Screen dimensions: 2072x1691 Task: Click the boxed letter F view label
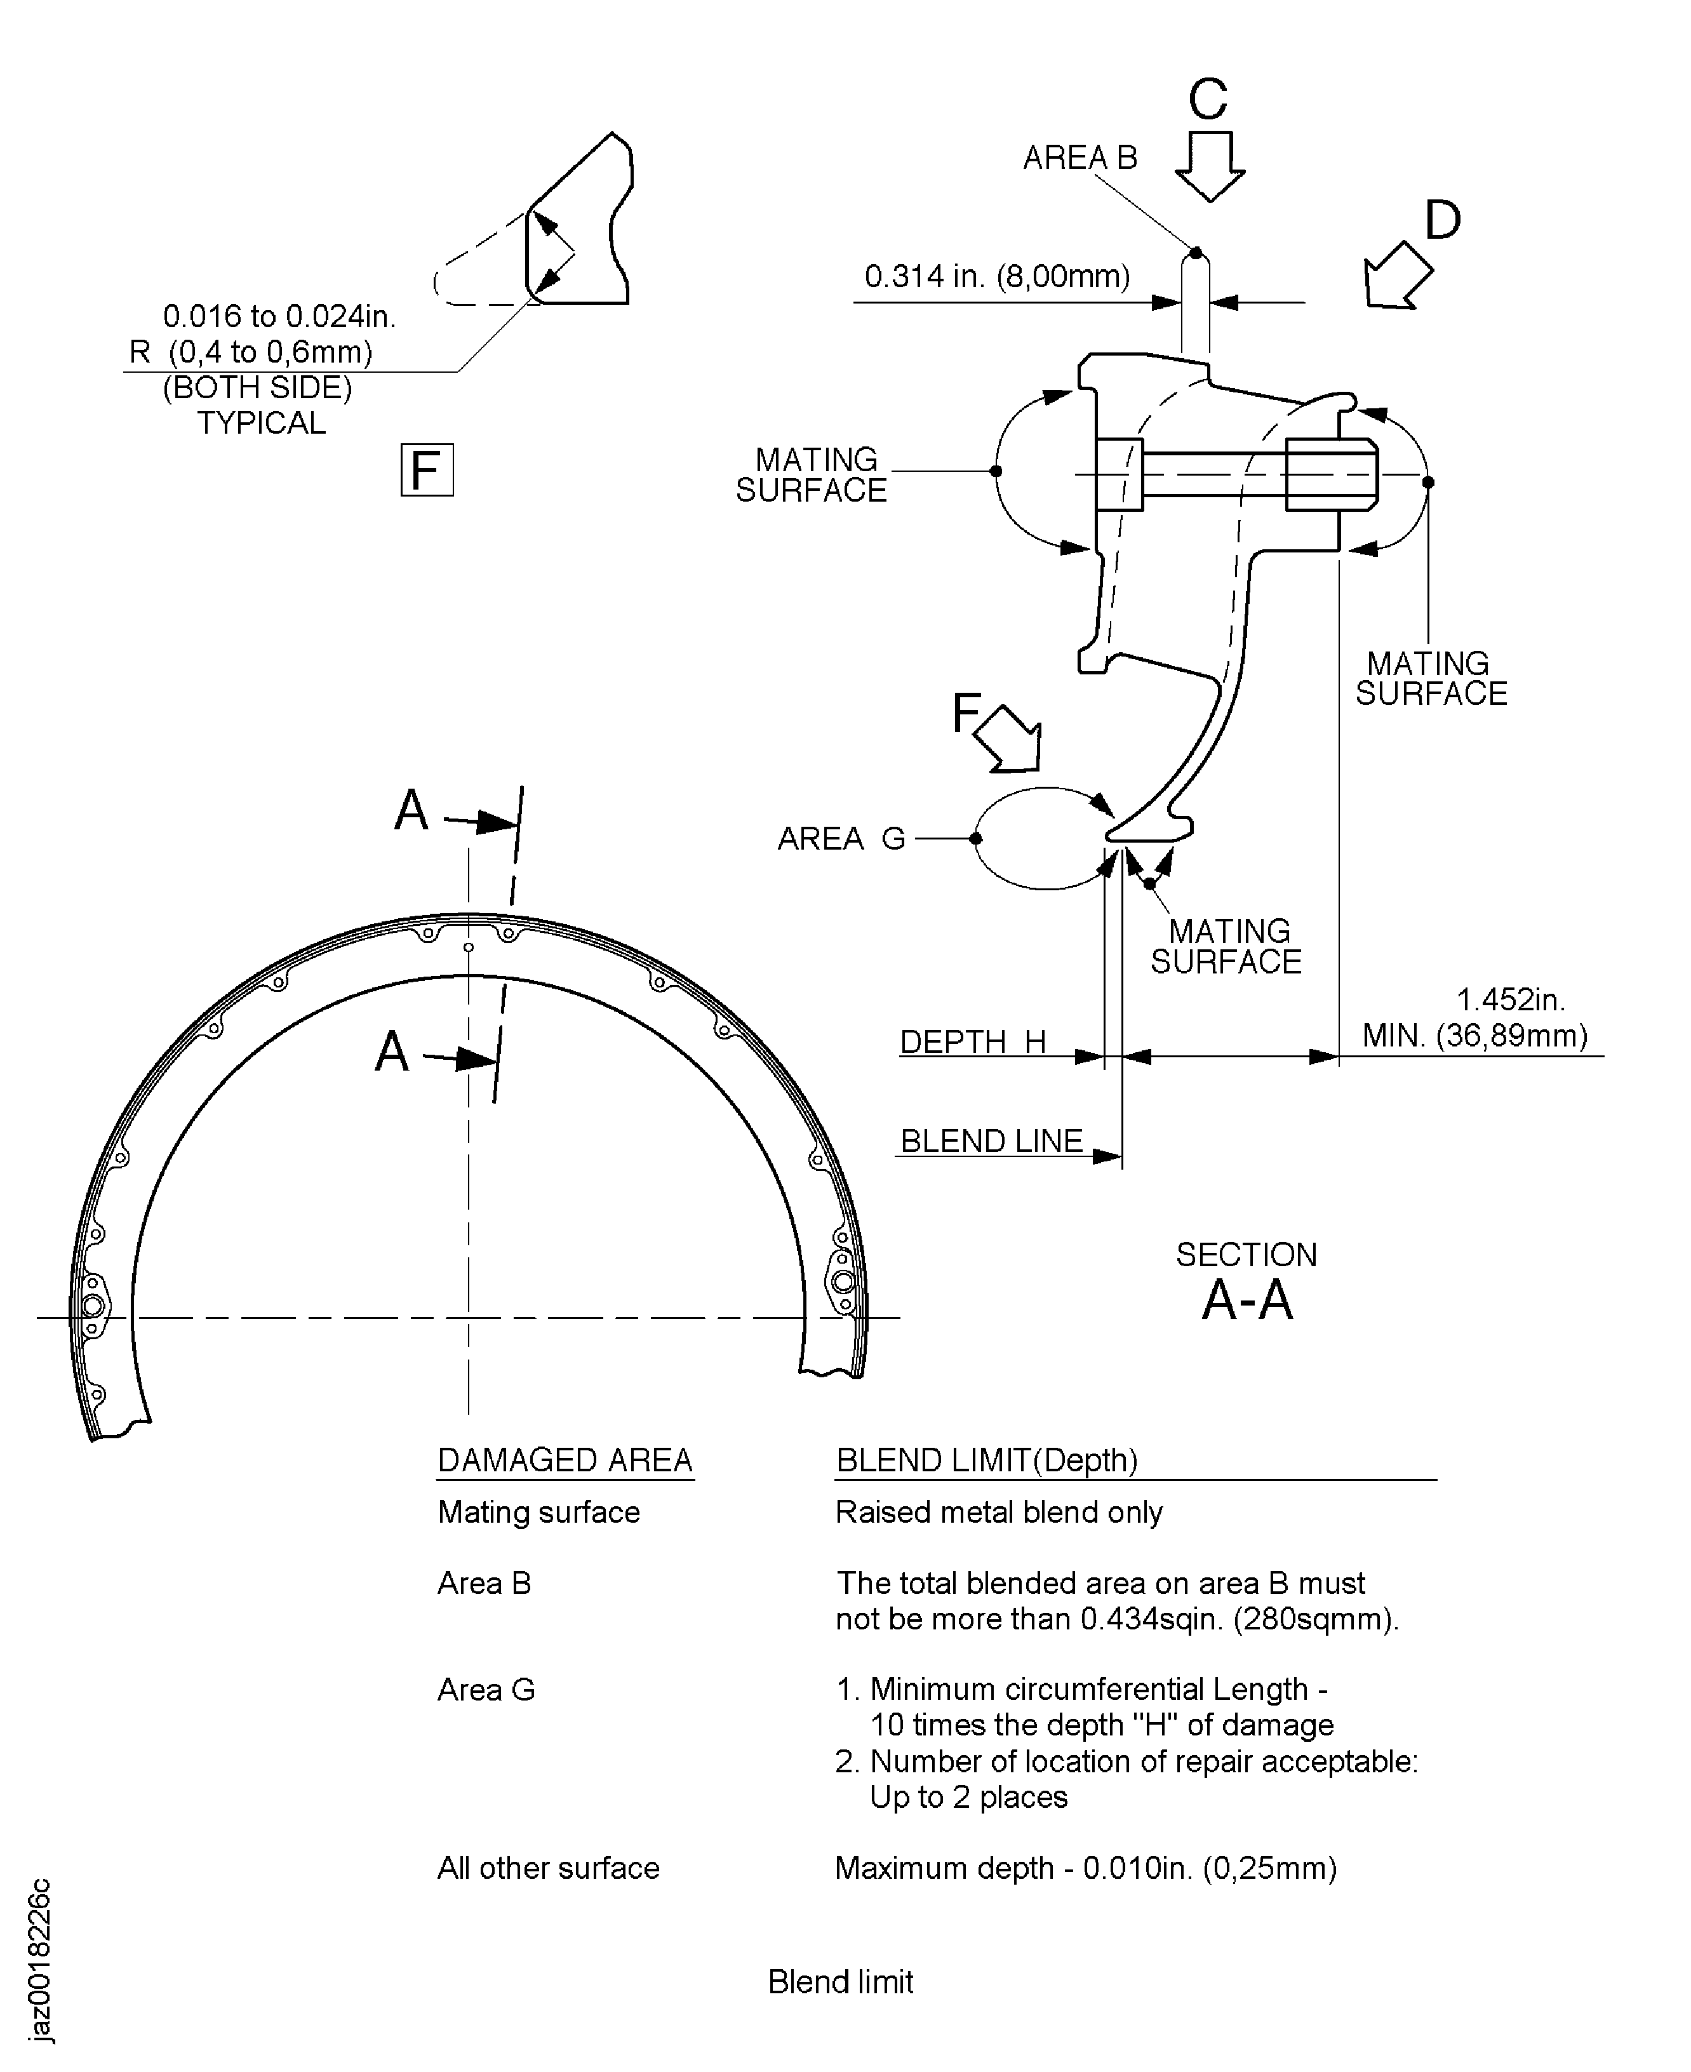coord(427,471)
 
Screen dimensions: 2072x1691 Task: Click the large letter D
coord(1443,220)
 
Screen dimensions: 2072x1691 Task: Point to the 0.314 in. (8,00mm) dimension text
coord(996,277)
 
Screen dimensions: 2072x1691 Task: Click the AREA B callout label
coord(1079,158)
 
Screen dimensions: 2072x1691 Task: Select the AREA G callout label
coord(841,839)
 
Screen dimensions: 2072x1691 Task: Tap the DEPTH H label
coord(972,1042)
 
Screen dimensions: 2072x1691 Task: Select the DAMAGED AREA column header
coord(565,1460)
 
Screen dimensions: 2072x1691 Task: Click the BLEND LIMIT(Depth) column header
coord(987,1460)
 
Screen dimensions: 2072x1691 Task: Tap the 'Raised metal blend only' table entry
coord(998,1512)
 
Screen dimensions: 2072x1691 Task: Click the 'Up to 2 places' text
coord(968,1796)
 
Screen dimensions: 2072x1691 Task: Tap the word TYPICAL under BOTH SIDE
coord(261,423)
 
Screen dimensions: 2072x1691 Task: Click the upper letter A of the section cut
coord(411,810)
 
